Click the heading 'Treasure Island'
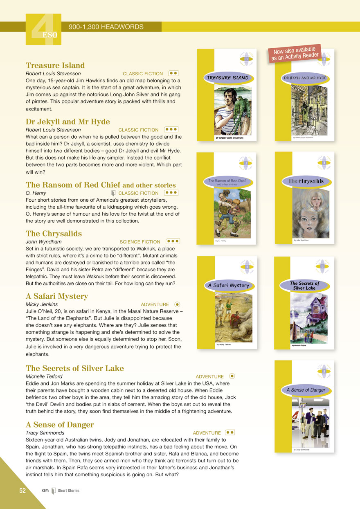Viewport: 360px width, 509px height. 55,65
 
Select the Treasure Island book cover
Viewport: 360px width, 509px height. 227,95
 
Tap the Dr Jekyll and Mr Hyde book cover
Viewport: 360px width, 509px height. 304,95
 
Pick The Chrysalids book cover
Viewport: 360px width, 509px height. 304,198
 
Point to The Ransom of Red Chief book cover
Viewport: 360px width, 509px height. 227,198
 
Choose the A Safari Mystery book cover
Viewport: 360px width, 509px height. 227,303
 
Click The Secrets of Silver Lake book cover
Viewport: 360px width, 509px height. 304,303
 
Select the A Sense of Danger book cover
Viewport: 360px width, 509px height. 304,406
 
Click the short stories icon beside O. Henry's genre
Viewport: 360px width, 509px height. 113,193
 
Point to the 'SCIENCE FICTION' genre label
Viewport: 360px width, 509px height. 140,242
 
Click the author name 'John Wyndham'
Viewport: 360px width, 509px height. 44,242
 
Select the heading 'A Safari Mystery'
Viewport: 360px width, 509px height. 57,296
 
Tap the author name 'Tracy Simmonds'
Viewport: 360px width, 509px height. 45,432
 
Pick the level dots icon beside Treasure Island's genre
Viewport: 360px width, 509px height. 173,73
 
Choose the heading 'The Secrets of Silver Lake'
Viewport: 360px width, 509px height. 75,368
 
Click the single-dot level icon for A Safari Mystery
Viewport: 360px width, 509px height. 177,304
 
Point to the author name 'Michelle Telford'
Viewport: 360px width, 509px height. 44,376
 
